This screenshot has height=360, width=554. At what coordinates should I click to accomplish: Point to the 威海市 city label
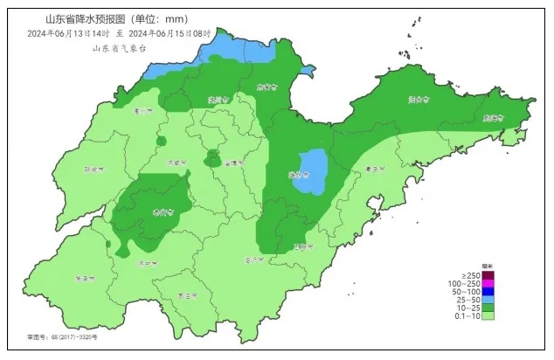coord(495,117)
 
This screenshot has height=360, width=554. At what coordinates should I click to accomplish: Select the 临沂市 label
coord(254,260)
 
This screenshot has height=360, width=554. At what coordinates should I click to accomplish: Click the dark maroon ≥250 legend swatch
coord(489,274)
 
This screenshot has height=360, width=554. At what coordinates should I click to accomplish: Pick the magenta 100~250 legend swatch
coord(489,284)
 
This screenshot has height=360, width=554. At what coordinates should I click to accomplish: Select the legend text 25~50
coord(466,301)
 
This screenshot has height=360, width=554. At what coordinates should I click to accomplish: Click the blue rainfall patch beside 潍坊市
coord(311,168)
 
